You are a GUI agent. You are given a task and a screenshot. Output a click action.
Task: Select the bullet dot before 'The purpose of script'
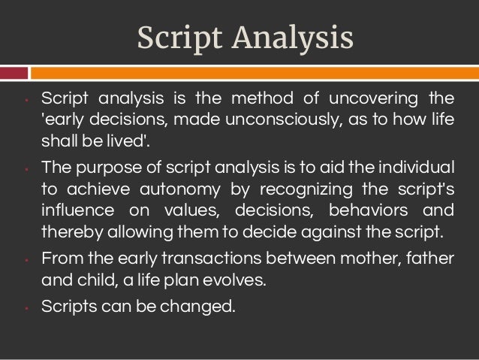26,168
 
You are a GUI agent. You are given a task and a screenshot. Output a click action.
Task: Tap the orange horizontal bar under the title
255,73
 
